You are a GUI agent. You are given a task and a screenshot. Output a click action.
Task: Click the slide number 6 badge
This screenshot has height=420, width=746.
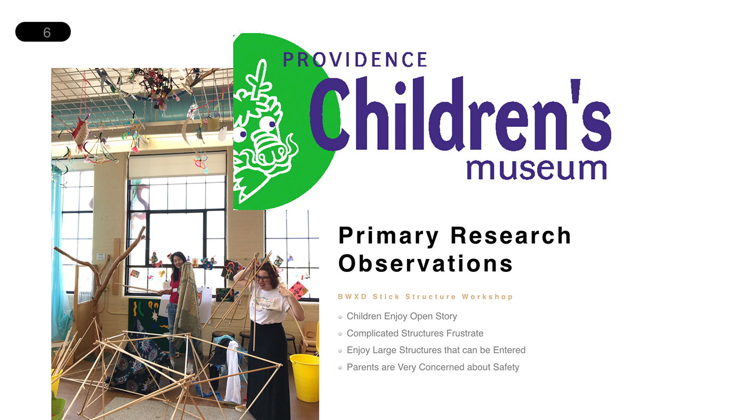[x=43, y=32]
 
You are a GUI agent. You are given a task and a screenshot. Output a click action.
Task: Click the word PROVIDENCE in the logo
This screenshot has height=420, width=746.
[x=355, y=60]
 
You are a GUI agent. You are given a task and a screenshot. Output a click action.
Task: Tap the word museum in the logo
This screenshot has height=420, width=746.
[x=537, y=169]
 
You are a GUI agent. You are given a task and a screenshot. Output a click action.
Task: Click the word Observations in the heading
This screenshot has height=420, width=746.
[x=425, y=263]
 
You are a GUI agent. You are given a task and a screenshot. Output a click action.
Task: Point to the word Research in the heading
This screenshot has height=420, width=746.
[x=511, y=236]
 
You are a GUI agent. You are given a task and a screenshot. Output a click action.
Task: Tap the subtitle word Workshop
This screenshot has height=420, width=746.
[x=487, y=297]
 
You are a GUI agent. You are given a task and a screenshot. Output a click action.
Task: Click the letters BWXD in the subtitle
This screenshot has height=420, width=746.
[x=352, y=297]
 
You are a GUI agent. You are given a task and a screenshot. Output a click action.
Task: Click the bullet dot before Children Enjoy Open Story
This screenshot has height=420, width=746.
[x=340, y=317]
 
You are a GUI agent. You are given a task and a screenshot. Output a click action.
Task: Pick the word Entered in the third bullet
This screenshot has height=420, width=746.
[x=509, y=350]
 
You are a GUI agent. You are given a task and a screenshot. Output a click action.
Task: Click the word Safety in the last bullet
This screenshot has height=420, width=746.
[x=506, y=367]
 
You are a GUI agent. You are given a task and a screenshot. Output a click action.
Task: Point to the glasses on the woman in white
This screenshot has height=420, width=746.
[x=263, y=278]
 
